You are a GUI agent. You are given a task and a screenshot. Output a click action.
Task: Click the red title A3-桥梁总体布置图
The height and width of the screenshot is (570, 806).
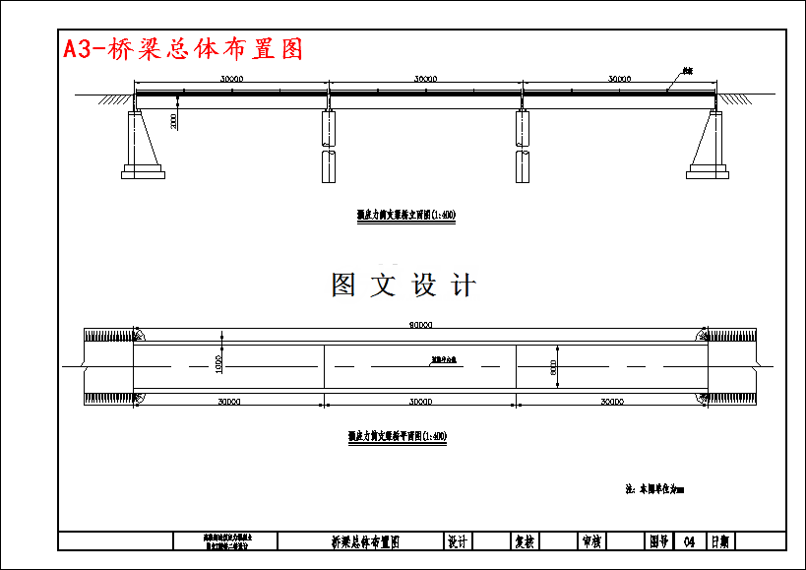click(x=183, y=49)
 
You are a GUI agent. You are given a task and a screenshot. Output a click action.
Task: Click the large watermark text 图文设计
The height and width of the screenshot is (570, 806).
click(x=403, y=285)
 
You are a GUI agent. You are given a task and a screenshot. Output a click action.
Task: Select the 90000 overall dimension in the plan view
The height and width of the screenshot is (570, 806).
click(x=420, y=325)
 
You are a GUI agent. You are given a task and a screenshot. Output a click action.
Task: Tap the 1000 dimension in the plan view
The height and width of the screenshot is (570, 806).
click(x=218, y=363)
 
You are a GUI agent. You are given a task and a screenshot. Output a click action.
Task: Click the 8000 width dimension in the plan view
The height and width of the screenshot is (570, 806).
click(x=554, y=367)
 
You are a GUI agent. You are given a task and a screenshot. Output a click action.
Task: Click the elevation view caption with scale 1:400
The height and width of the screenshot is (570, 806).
click(x=405, y=214)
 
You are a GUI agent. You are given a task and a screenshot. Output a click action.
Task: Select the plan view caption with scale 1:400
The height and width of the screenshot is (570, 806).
click(x=398, y=435)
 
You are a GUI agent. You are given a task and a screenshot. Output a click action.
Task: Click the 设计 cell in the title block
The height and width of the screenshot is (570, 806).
click(x=457, y=541)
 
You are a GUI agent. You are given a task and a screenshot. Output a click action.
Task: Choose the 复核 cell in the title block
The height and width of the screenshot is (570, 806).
click(x=525, y=541)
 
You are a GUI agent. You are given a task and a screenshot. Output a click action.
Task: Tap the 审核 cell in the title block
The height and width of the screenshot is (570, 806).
click(x=591, y=541)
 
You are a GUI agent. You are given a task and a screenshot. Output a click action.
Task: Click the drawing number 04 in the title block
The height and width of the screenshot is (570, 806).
click(x=688, y=541)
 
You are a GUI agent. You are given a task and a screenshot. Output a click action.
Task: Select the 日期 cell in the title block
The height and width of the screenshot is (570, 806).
click(x=719, y=541)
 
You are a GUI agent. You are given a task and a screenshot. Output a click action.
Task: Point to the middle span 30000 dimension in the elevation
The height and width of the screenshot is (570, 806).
click(x=425, y=78)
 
